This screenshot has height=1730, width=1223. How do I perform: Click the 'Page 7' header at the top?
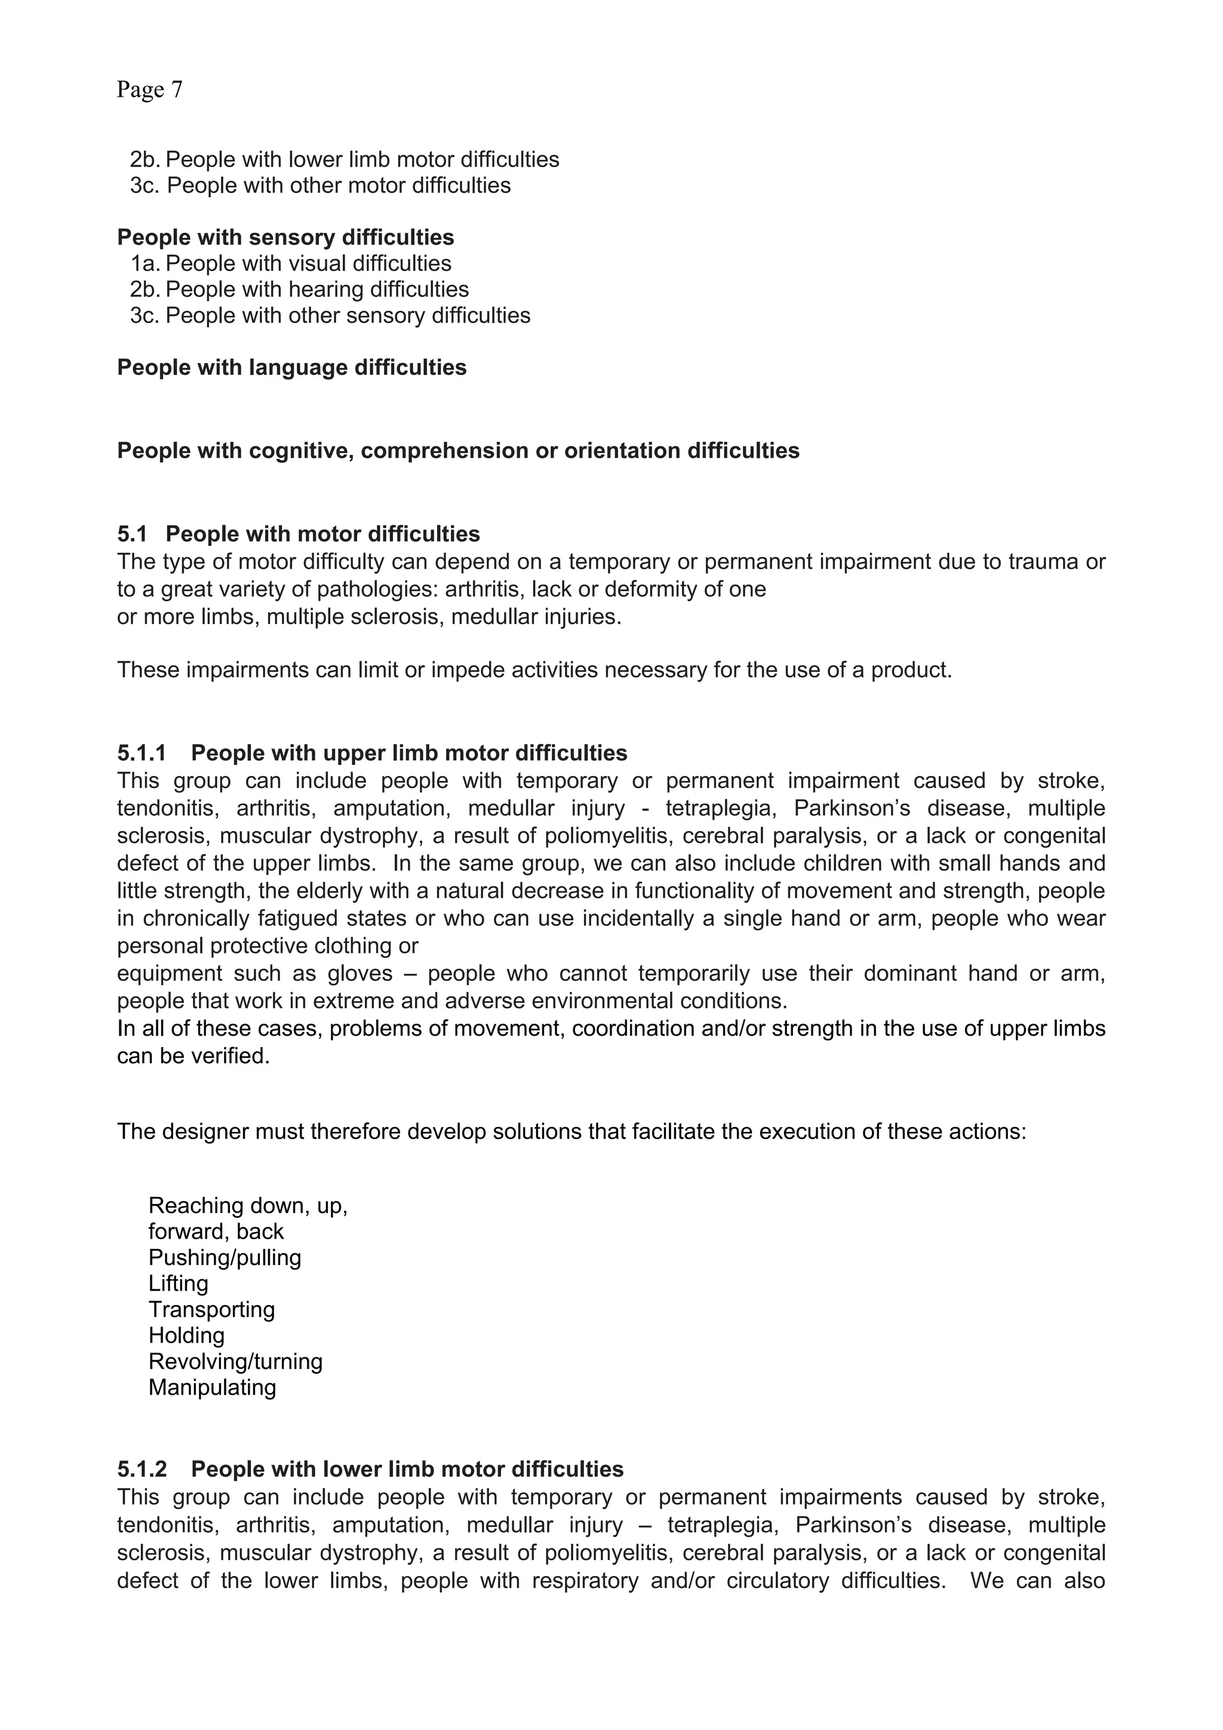pyautogui.click(x=149, y=90)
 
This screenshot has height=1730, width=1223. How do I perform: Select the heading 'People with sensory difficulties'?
pyautogui.click(x=285, y=238)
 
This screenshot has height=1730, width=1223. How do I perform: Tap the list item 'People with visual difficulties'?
pyautogui.click(x=308, y=264)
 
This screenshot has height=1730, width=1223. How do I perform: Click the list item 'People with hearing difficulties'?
pyautogui.click(x=316, y=290)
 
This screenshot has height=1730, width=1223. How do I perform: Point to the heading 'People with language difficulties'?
pyautogui.click(x=291, y=368)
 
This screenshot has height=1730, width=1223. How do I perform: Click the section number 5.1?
pyautogui.click(x=132, y=534)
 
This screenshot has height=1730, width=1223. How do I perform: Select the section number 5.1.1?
pyautogui.click(x=141, y=753)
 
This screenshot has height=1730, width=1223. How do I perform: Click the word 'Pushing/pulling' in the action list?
pyautogui.click(x=225, y=1258)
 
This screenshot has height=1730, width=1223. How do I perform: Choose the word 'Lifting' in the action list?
pyautogui.click(x=178, y=1283)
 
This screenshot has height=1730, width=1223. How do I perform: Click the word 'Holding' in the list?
pyautogui.click(x=186, y=1335)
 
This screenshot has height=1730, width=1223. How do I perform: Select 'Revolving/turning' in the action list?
pyautogui.click(x=235, y=1362)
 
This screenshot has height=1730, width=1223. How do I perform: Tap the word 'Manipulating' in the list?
pyautogui.click(x=212, y=1387)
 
